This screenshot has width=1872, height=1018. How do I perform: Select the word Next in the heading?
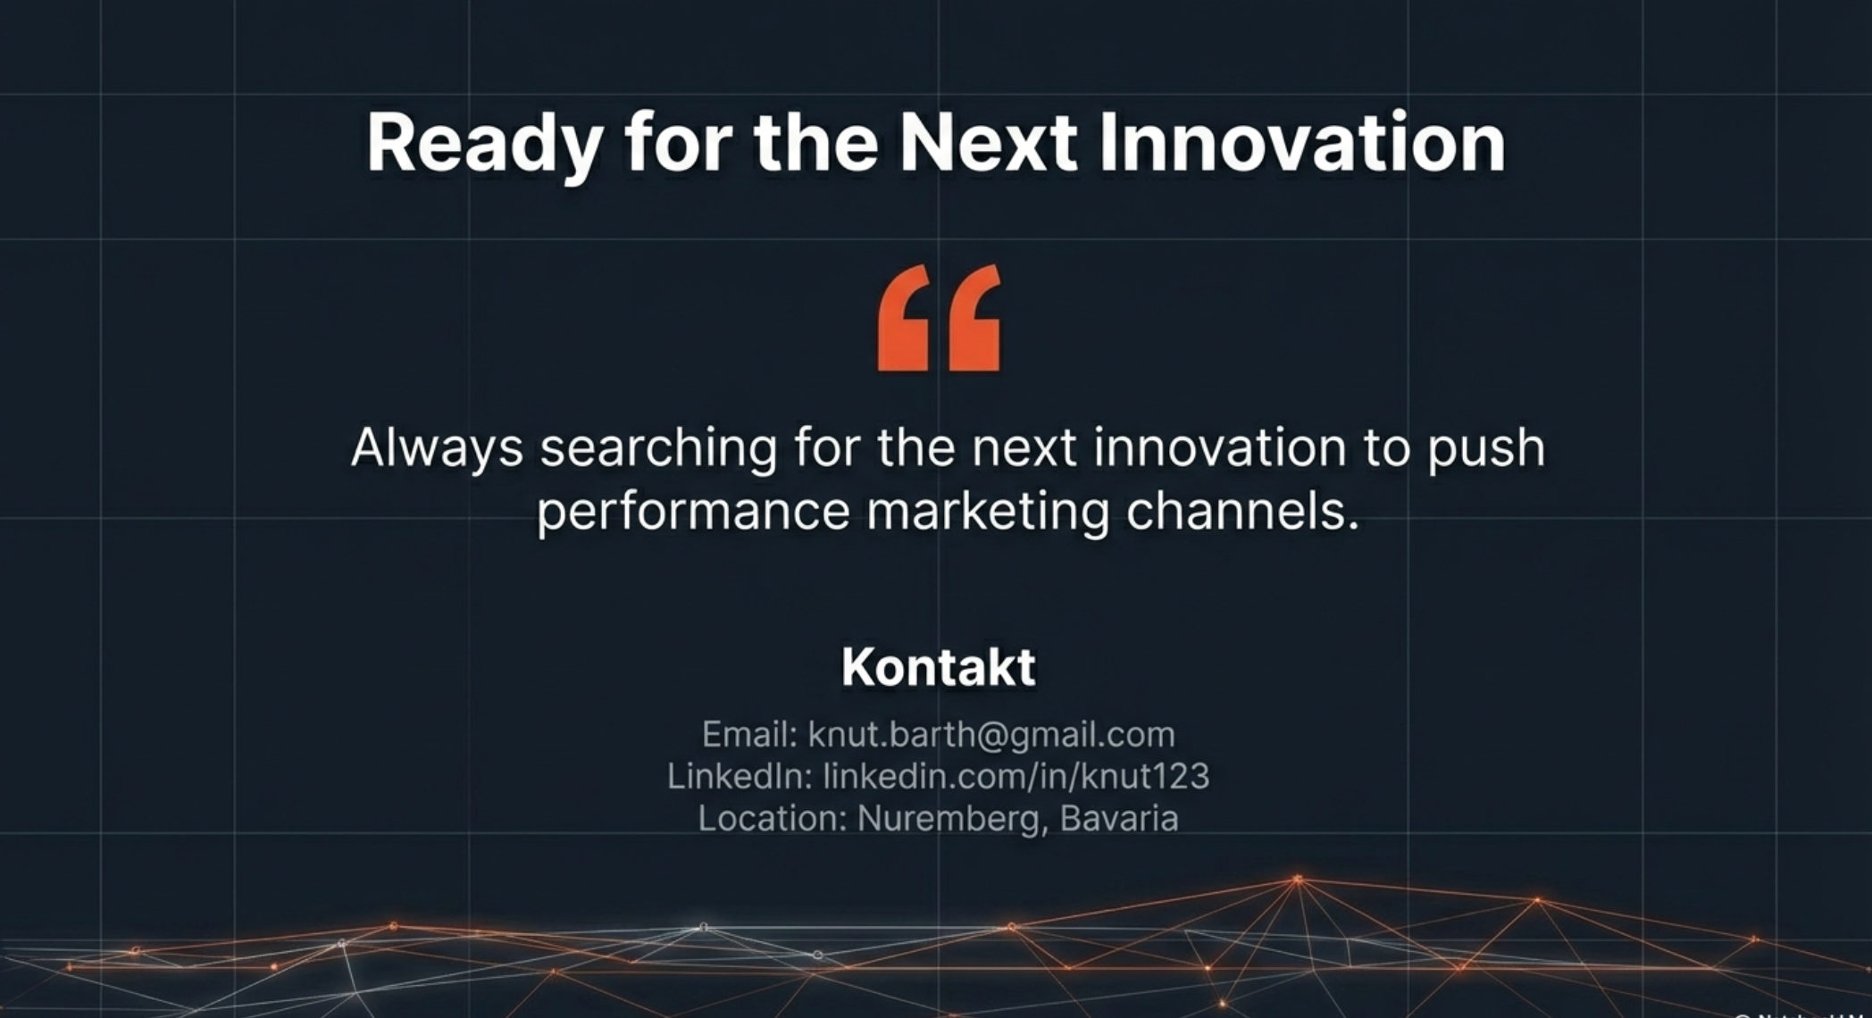pos(988,142)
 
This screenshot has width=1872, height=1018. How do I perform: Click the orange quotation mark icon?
pos(939,317)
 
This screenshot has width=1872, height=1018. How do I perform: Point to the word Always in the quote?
pos(437,449)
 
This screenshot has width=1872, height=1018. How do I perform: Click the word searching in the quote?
pos(658,449)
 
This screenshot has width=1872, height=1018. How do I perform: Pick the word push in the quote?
pos(1485,449)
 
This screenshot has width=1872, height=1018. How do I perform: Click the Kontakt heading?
pos(939,666)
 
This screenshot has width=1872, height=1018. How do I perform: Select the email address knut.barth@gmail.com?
pos(991,735)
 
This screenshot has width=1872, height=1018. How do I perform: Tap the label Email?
pos(749,734)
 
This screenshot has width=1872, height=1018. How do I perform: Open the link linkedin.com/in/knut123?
pos(1016,776)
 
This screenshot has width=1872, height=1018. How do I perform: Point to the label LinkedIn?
pos(740,776)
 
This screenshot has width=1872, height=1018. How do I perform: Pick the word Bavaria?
pos(1119,818)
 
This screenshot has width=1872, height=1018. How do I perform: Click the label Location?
pos(773,818)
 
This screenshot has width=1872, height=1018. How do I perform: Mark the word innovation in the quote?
pos(1219,447)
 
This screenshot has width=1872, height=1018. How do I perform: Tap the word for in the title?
pos(678,142)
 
